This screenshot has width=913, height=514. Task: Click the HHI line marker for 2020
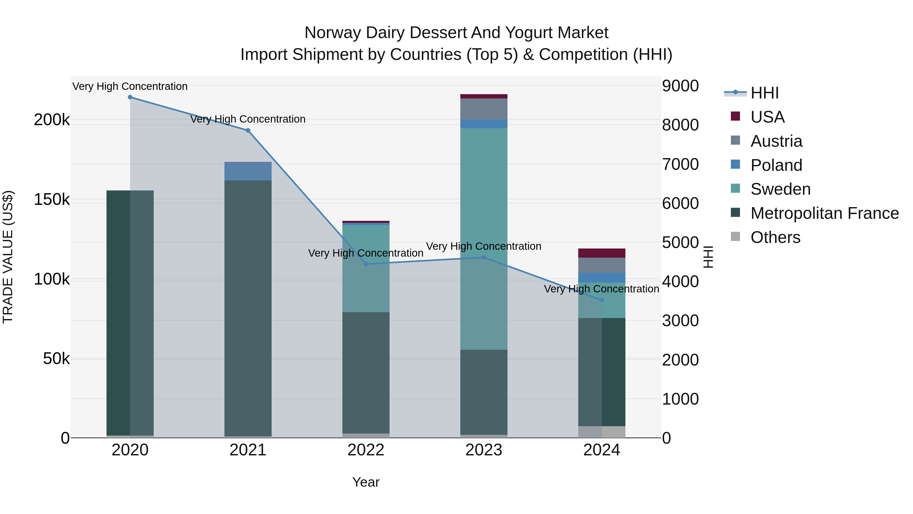(130, 97)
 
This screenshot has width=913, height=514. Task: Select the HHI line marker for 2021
(248, 130)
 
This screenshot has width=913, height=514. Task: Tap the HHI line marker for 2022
(366, 264)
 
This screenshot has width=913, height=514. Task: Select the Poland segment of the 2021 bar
(248, 171)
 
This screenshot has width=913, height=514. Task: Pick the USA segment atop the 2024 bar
(602, 253)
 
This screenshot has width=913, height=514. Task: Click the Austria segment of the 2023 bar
(484, 109)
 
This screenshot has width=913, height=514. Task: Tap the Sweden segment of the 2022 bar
(366, 269)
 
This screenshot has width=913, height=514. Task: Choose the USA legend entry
(767, 117)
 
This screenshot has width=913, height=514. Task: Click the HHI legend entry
(764, 93)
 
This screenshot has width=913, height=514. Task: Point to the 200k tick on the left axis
(52, 120)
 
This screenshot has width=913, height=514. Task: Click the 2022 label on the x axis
(366, 450)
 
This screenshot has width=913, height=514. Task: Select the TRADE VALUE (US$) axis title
(8, 257)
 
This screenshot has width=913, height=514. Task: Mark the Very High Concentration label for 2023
(484, 246)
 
